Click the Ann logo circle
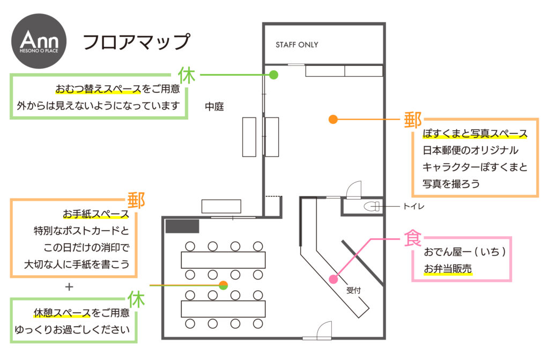point(39,41)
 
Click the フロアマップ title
point(136,42)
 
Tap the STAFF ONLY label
point(296,45)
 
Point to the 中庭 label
point(214,107)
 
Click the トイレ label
point(414,205)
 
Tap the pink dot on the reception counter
point(333,279)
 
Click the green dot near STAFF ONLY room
point(273,75)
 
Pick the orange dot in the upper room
point(332,119)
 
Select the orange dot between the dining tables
point(224,285)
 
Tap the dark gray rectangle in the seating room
point(182,226)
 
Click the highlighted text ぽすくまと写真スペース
point(475,134)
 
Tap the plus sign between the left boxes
point(69,286)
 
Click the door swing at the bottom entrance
point(325,330)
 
